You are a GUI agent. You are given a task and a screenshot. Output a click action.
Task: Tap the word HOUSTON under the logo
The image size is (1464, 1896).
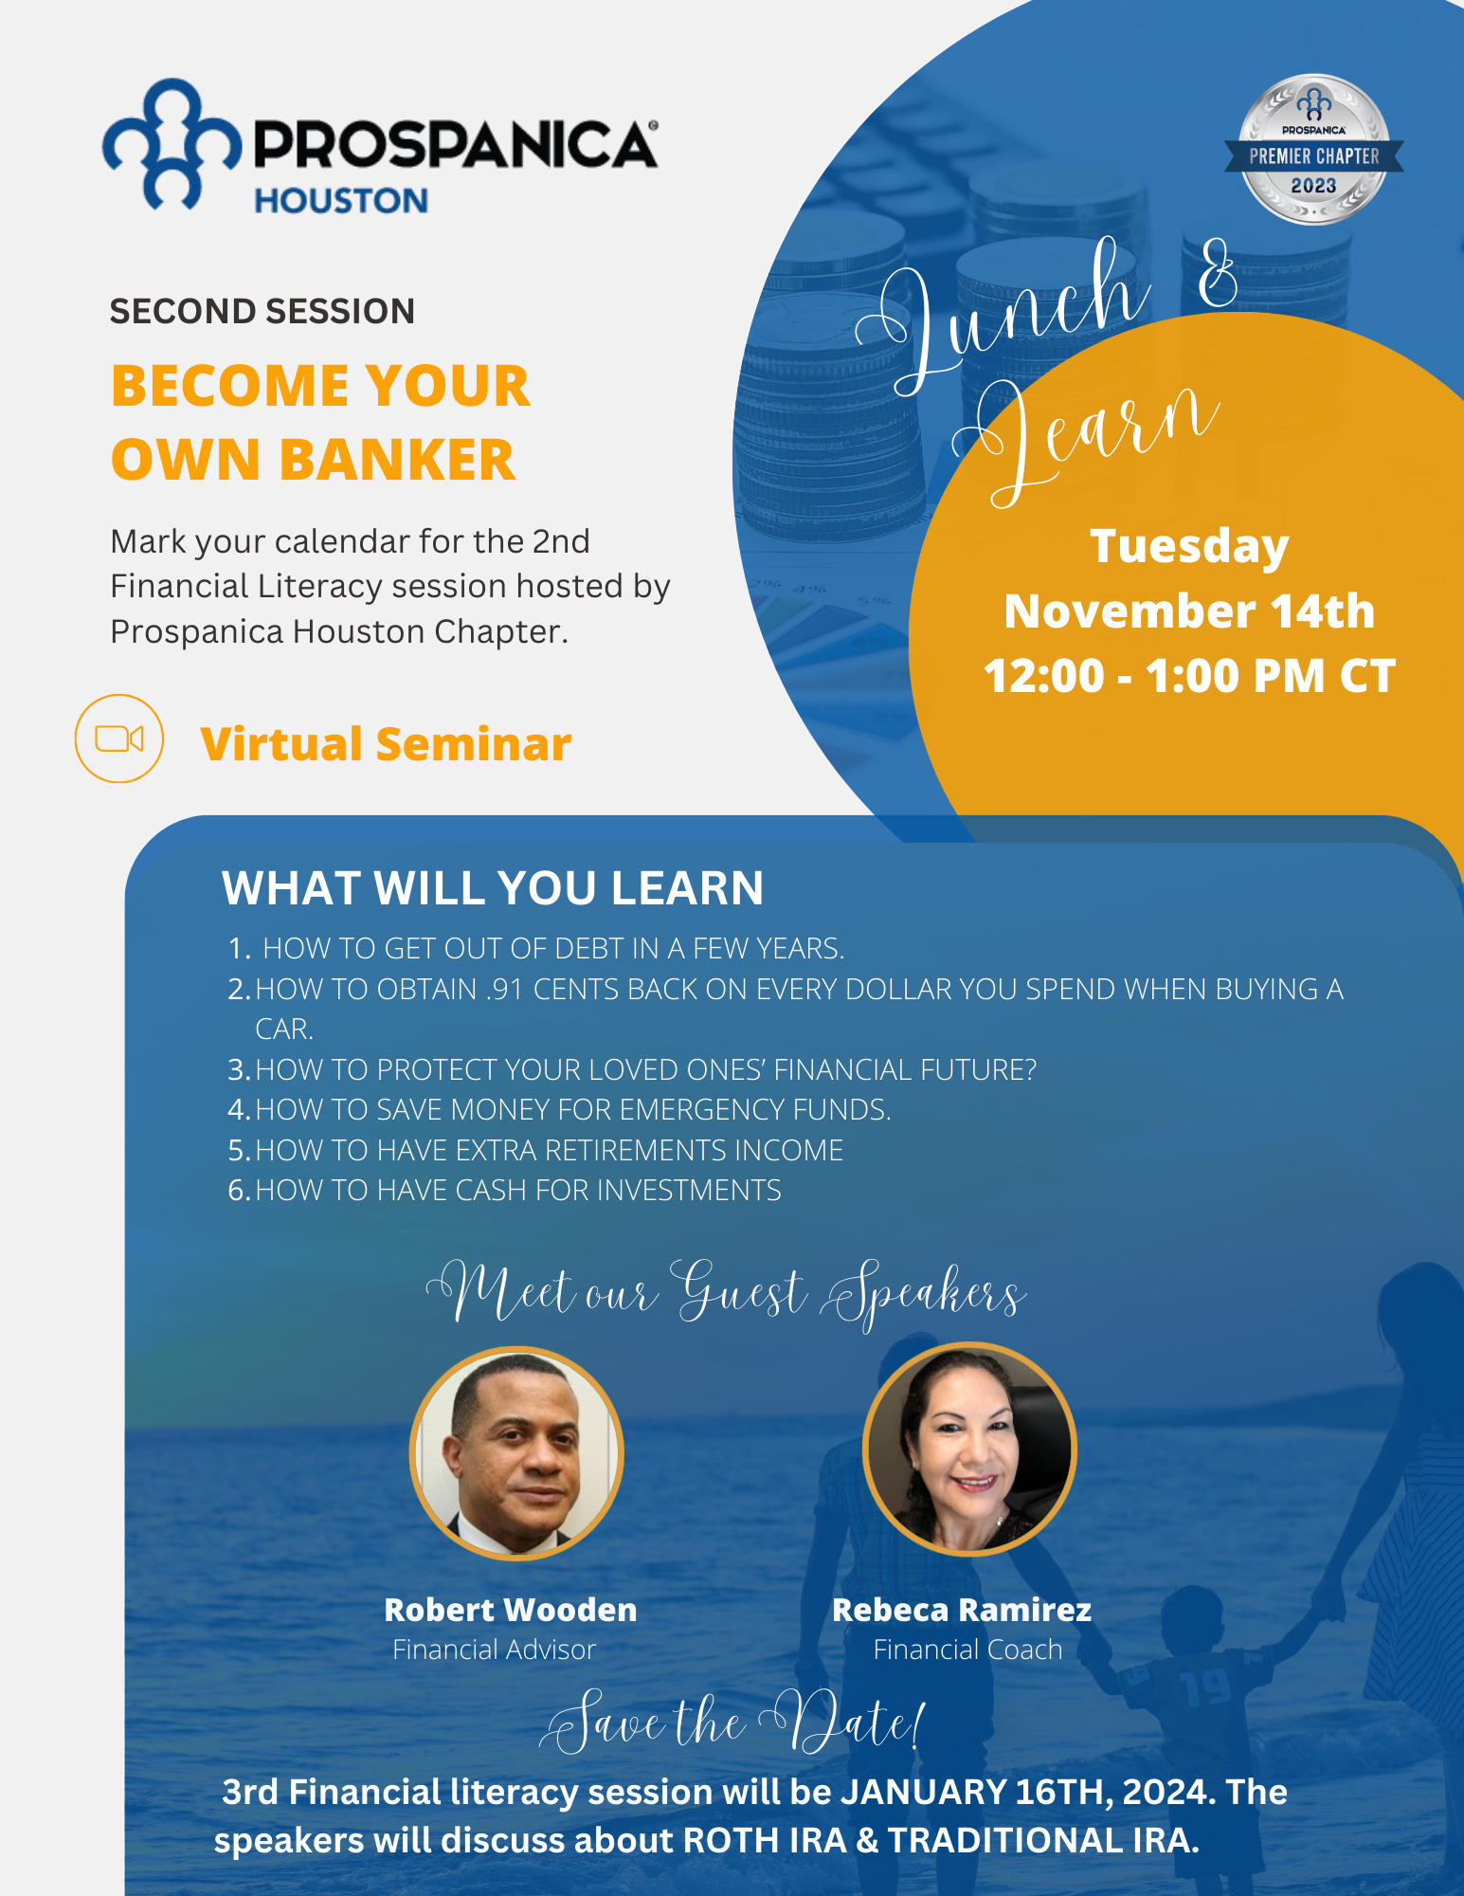click(341, 201)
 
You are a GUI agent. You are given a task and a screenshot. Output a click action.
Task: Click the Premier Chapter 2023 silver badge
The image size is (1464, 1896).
click(1313, 150)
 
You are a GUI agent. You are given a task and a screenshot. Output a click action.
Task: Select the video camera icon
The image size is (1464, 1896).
click(119, 738)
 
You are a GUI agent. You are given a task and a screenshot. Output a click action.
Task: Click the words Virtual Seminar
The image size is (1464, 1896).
click(386, 743)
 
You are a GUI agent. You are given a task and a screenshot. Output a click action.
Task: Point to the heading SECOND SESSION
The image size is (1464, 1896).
click(262, 311)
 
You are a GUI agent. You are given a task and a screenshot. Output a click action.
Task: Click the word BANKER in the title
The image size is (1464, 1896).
click(398, 460)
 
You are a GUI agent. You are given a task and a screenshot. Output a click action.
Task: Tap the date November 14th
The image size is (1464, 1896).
click(1189, 611)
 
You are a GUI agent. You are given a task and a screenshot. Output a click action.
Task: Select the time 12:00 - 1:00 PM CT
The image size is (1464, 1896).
click(1189, 676)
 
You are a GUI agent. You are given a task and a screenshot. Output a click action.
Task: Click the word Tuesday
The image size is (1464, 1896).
click(1189, 547)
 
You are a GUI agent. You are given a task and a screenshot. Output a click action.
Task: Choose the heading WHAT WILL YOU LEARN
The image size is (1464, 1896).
click(493, 888)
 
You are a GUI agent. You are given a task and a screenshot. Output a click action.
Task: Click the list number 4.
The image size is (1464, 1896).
click(238, 1109)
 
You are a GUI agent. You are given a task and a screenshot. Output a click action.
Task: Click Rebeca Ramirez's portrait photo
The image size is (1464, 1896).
click(969, 1449)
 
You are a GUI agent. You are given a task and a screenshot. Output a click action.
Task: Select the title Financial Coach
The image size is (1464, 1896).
click(967, 1650)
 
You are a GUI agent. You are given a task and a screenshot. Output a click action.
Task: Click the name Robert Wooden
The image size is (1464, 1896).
click(511, 1610)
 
